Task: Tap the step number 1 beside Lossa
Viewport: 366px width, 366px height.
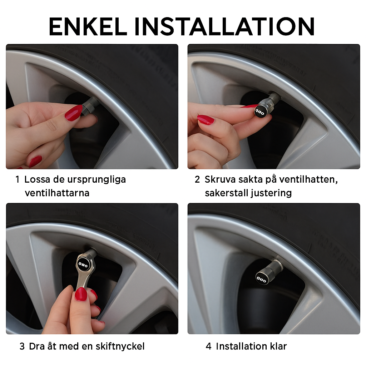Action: click(x=18, y=179)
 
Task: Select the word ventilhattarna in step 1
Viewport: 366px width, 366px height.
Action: click(x=57, y=193)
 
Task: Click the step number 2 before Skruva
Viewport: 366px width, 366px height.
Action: click(x=197, y=179)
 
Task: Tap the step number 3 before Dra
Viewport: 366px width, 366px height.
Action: click(x=22, y=346)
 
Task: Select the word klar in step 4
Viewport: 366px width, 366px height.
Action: click(x=278, y=346)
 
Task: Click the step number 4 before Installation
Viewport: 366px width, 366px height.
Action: click(x=208, y=346)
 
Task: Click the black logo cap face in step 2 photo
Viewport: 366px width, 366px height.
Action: click(x=260, y=112)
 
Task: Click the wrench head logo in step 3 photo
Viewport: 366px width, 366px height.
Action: click(x=83, y=263)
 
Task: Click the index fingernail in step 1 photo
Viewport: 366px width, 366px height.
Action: click(x=74, y=113)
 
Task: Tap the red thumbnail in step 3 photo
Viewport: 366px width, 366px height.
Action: click(x=81, y=294)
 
